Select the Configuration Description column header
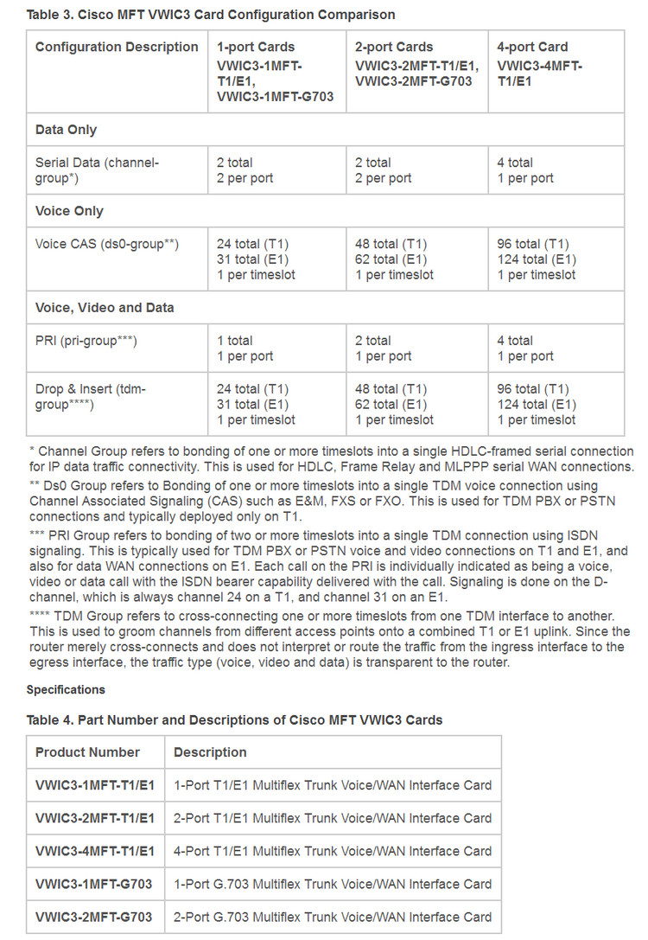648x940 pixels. [117, 47]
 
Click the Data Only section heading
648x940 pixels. [66, 130]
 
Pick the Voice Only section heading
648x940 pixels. [69, 211]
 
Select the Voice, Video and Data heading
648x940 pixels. [105, 307]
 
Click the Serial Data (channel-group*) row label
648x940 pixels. [98, 170]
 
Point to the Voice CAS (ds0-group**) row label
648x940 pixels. [107, 244]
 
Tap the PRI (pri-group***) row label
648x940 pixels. [86, 341]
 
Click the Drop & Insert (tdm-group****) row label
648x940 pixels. [91, 397]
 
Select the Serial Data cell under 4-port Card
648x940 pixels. [525, 170]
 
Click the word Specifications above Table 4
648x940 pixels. [66, 689]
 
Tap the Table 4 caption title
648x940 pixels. [234, 719]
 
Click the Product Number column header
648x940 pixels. [87, 752]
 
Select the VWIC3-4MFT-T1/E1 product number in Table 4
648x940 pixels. [95, 851]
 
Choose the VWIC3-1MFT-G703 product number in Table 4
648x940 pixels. [93, 884]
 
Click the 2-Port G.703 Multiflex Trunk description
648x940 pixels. [333, 917]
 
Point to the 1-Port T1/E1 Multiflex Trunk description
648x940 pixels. [333, 785]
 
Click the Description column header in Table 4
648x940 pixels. [210, 752]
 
